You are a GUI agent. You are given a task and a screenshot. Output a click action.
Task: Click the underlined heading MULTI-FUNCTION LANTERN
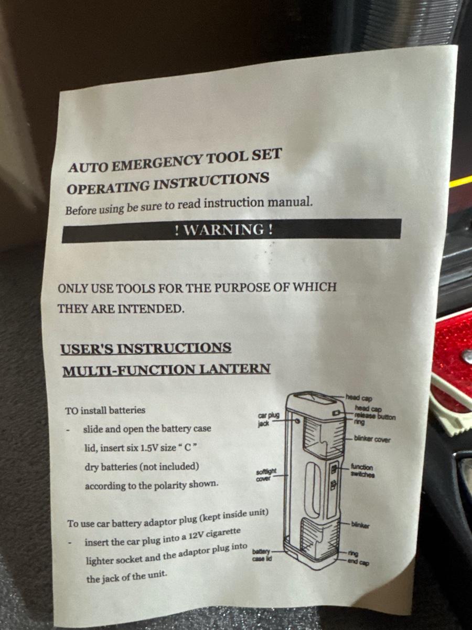[166, 370]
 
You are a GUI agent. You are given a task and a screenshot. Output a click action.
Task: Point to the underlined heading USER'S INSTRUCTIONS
[146, 348]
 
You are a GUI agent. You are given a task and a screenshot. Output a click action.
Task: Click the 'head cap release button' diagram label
[375, 413]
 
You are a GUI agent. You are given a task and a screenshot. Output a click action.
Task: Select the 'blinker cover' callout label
[372, 439]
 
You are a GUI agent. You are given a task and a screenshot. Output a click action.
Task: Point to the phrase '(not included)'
[169, 467]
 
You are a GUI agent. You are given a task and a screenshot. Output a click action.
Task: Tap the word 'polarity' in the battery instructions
[166, 485]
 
